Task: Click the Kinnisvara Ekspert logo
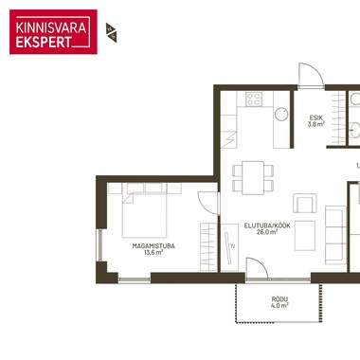point(53,32)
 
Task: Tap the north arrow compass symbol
point(112,32)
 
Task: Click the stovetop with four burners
point(254,99)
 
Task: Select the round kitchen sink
point(281,114)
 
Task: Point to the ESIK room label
point(315,118)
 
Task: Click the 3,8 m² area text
point(316,124)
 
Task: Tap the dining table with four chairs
point(253,178)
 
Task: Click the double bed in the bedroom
point(144,210)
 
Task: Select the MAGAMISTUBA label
point(153,246)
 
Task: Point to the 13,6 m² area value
point(153,252)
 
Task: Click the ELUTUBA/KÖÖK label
point(267,225)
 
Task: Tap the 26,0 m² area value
point(267,232)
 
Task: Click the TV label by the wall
point(233,246)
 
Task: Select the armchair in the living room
point(305,204)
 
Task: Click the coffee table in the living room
point(305,236)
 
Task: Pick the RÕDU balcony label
point(279,299)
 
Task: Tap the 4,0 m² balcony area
point(279,305)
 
